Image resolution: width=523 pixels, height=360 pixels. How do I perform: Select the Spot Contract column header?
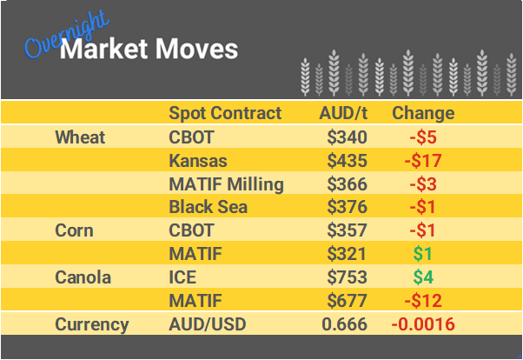225,113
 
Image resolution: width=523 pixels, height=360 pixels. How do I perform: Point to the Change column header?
423,113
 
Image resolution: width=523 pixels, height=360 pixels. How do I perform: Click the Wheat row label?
80,137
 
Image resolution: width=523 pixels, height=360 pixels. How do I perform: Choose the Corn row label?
75,231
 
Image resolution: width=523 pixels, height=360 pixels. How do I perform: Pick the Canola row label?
83,278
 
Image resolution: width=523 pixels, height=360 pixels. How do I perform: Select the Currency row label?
92,325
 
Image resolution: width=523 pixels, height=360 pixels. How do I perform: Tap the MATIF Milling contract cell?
226,184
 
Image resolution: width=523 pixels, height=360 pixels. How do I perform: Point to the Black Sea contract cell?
209,208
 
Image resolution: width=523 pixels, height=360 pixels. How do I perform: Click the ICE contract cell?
182,278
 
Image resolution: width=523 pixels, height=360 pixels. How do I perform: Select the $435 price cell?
348,161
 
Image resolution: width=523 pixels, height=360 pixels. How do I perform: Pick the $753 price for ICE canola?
348,278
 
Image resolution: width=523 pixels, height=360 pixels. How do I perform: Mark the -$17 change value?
423,161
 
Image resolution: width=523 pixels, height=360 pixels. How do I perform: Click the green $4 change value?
423,278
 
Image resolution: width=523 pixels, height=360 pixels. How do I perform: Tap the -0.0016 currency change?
423,325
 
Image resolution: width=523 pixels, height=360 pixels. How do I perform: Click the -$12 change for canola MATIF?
423,302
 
